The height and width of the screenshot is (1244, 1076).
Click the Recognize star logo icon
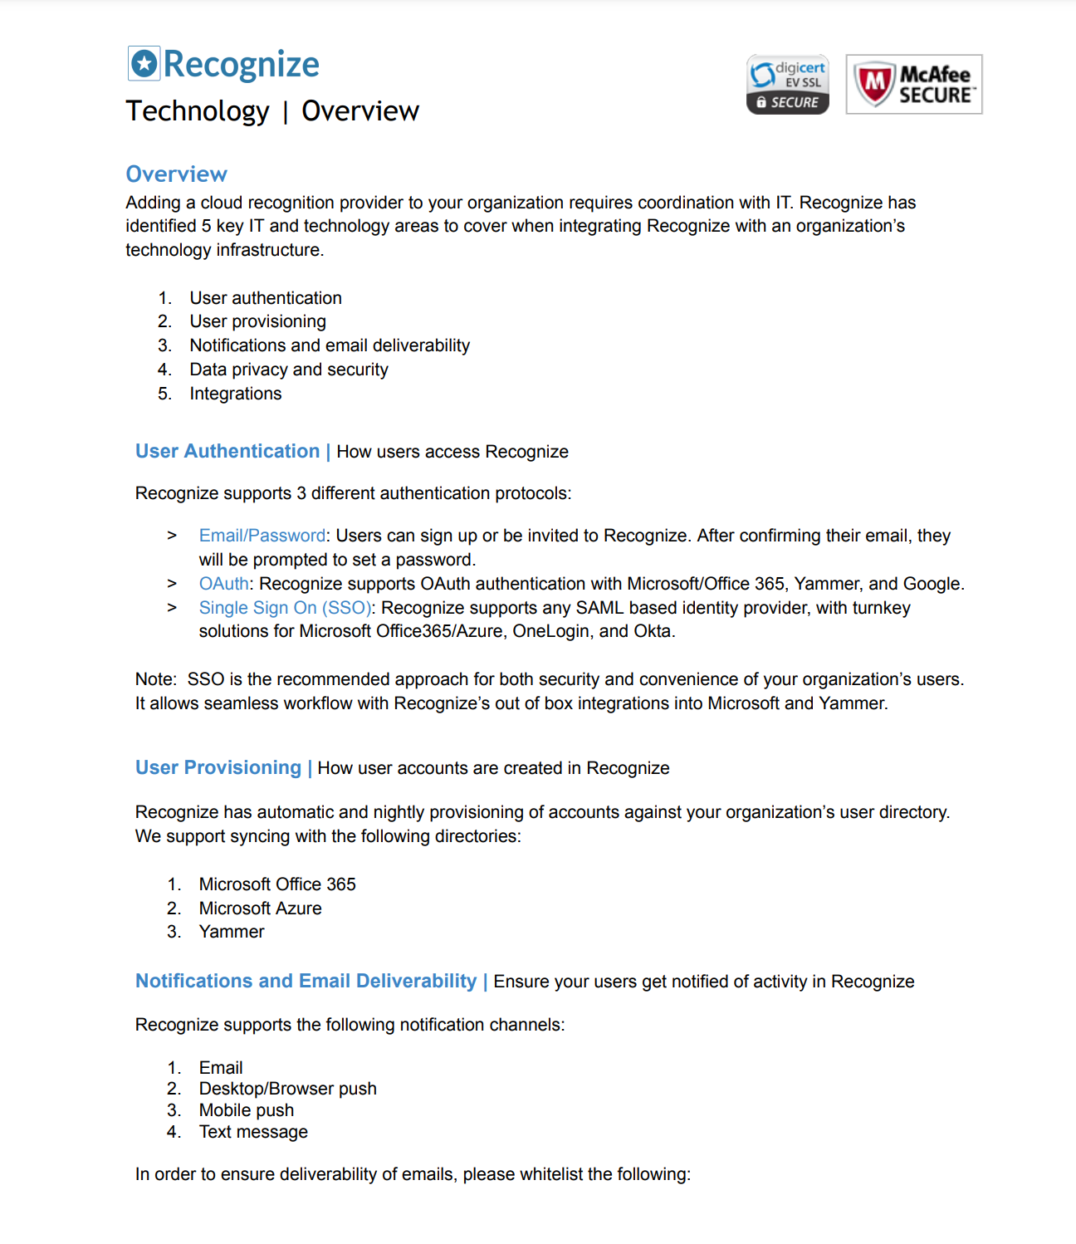144,64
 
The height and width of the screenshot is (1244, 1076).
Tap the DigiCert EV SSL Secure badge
787,85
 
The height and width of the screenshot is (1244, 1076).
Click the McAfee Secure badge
913,85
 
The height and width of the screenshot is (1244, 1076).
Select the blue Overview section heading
176,174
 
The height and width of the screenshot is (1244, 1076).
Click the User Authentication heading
227,451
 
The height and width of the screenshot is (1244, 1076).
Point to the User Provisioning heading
218,767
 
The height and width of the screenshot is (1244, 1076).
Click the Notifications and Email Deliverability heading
306,981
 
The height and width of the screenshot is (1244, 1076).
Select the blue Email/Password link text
262,536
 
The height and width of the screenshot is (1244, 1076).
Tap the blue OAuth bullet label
223,584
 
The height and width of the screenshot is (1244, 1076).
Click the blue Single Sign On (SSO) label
285,608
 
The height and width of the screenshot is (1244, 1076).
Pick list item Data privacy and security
288,370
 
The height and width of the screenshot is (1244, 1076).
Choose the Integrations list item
235,394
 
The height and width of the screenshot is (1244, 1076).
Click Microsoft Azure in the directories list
260,909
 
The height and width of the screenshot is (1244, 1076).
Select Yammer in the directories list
231,932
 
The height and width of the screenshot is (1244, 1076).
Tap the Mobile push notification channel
246,1110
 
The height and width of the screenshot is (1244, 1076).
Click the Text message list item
252,1132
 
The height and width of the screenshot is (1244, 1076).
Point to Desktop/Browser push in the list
287,1089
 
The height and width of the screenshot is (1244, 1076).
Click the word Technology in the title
198,111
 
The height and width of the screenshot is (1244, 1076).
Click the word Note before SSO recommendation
154,679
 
